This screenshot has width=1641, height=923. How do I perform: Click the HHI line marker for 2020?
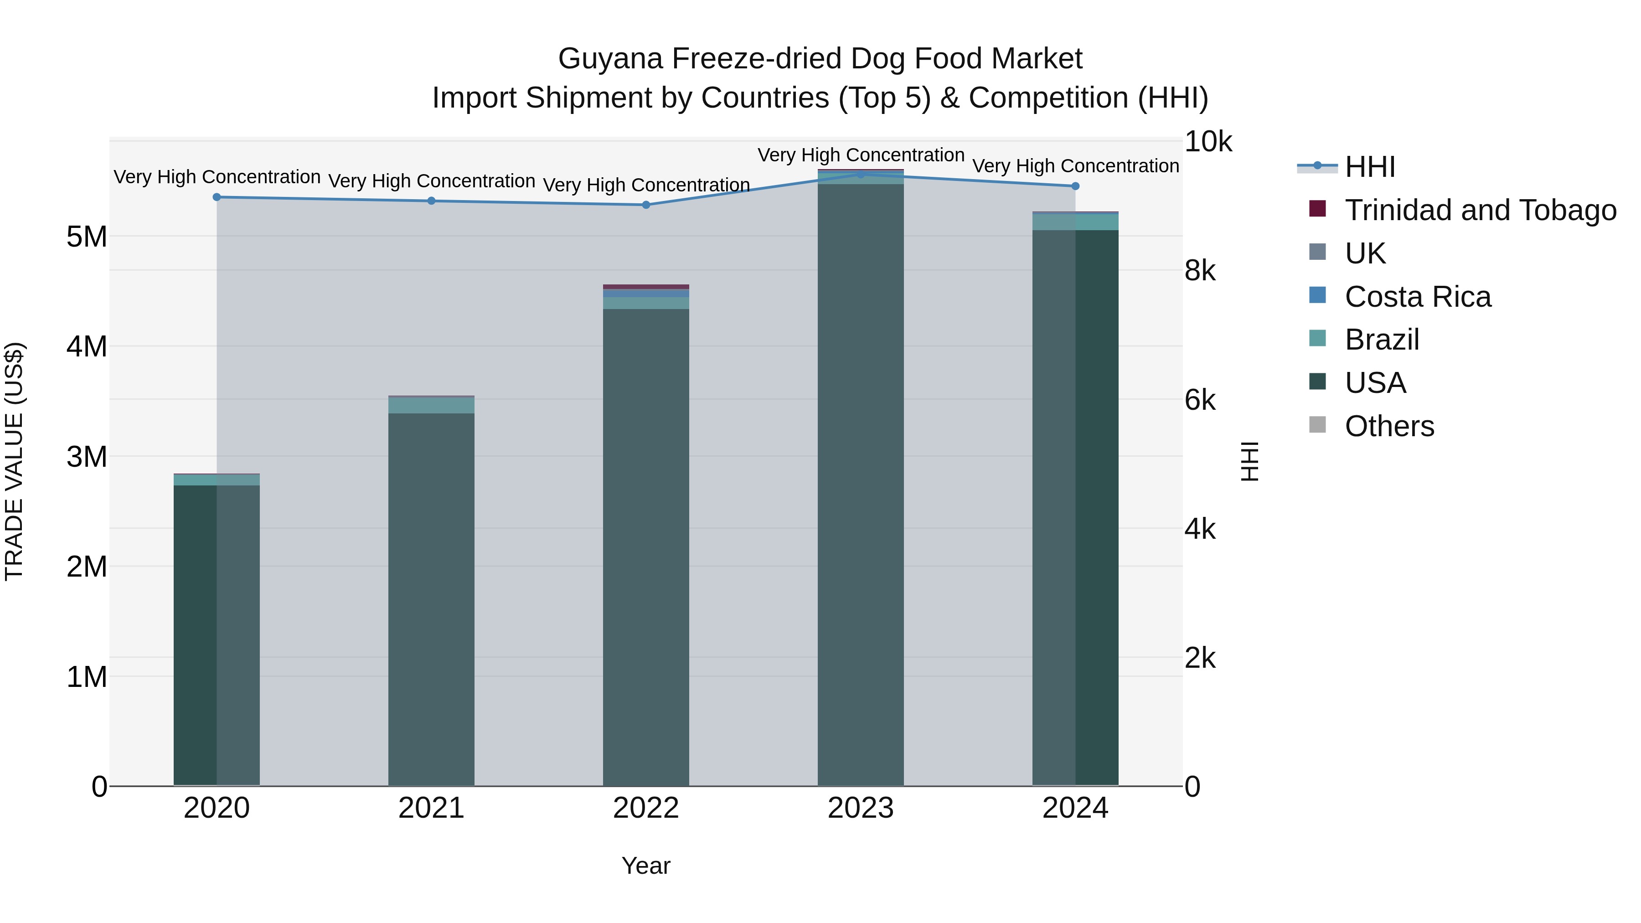217,197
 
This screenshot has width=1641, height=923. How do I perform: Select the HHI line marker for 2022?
646,205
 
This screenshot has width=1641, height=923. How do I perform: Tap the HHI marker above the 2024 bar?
1075,186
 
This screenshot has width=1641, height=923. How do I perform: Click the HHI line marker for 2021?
431,201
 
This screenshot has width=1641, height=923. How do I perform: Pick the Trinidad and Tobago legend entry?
1480,210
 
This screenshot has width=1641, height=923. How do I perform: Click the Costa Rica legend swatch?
1317,295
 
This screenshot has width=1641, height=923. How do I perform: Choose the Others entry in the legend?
1389,426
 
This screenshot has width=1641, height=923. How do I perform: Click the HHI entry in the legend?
1370,167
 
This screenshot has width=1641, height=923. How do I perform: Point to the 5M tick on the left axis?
87,237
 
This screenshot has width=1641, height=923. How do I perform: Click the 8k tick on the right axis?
1200,271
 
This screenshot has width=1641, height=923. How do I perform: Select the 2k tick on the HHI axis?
1200,659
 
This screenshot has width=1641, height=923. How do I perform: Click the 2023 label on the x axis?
861,808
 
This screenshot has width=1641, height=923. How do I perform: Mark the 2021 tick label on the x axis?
431,808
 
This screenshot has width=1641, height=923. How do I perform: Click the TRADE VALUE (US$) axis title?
14,461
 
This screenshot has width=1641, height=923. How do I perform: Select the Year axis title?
646,866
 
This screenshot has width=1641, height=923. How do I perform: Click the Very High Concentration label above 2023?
861,155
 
